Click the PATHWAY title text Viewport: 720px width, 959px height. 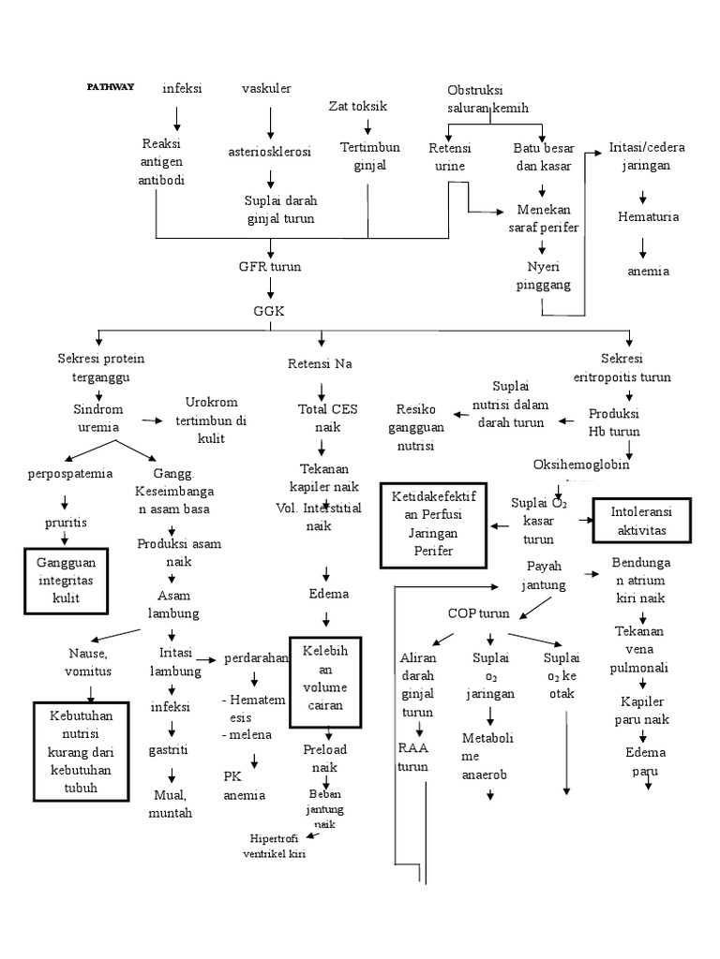coord(111,87)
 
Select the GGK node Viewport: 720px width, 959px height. coord(270,310)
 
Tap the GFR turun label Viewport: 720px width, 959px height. coord(270,266)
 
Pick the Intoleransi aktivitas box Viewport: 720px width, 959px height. coord(642,521)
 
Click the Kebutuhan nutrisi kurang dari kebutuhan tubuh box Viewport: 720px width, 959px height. coord(80,753)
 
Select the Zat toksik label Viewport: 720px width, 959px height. coord(358,106)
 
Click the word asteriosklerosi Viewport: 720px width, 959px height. coord(270,151)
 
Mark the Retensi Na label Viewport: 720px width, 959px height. coord(321,363)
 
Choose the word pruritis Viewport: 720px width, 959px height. coord(65,521)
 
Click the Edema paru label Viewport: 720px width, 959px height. coord(642,761)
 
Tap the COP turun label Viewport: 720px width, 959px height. coord(478,613)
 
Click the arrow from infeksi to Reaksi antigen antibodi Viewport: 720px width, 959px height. coord(176,118)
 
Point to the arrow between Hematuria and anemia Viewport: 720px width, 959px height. coord(642,246)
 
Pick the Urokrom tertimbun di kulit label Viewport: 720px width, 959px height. coord(215,419)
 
